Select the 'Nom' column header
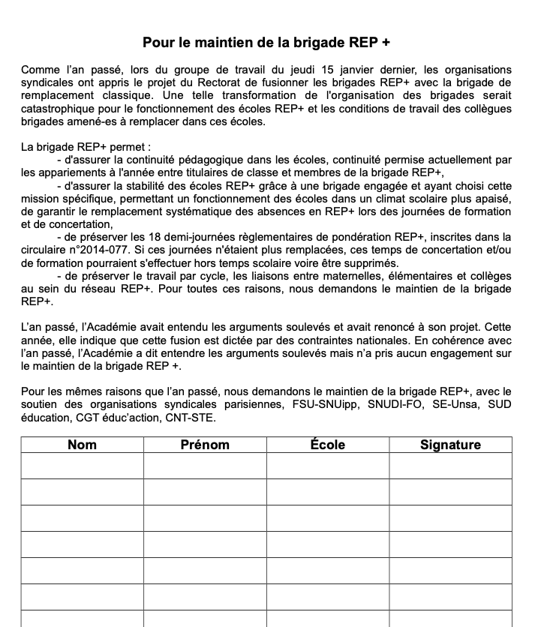pyautogui.click(x=82, y=445)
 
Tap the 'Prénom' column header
pyautogui.click(x=205, y=445)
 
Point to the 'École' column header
pyautogui.click(x=328, y=445)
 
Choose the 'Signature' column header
pyautogui.click(x=450, y=445)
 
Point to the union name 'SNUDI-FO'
pyautogui.click(x=385, y=406)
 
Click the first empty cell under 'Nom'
pyautogui.click(x=82, y=466)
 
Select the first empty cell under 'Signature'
pyautogui.click(x=450, y=466)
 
